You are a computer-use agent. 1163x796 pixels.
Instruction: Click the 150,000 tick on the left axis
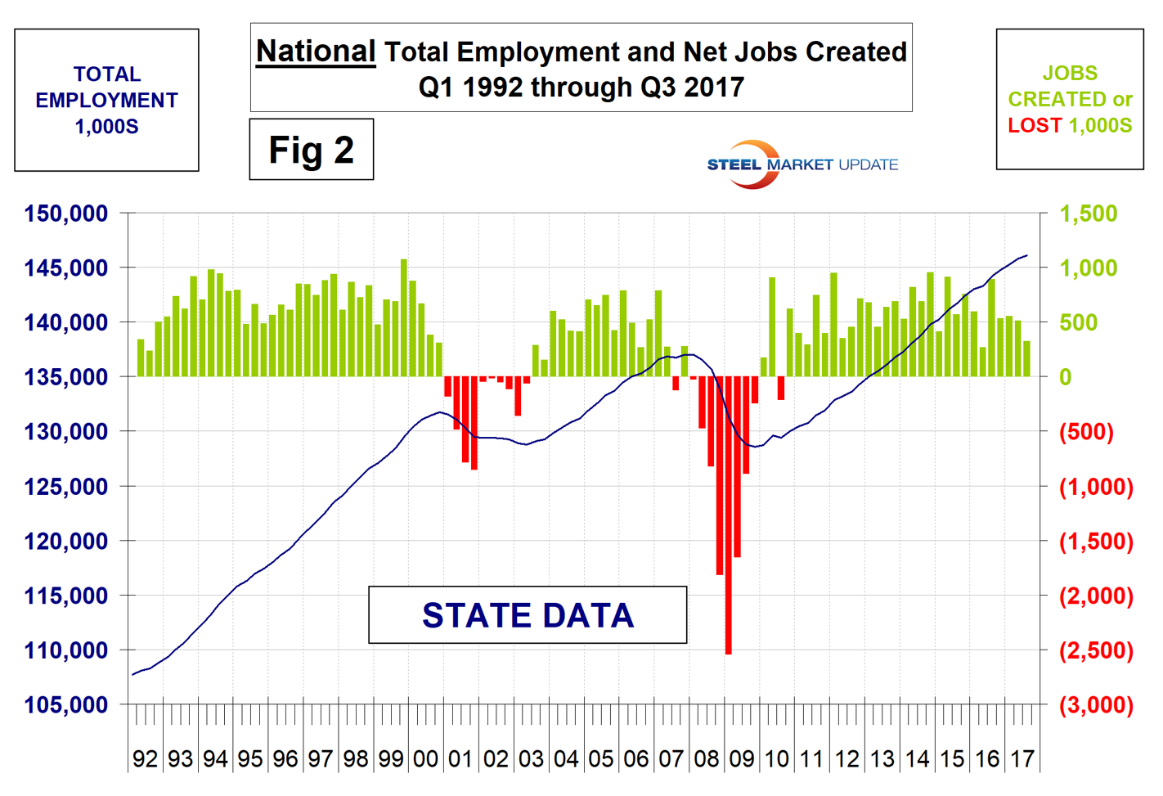click(x=66, y=214)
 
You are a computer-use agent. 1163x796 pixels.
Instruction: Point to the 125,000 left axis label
click(x=66, y=487)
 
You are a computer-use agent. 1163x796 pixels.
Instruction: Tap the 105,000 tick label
click(x=66, y=705)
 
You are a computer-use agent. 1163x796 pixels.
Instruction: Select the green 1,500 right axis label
click(x=1088, y=214)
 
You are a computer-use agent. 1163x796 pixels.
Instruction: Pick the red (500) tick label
click(x=1086, y=432)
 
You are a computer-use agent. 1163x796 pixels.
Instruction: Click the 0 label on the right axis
click(x=1066, y=377)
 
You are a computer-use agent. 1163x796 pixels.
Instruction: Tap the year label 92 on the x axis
click(x=145, y=759)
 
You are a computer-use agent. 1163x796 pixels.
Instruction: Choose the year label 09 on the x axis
click(x=741, y=759)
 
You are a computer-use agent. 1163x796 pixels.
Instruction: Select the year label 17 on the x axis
click(x=1022, y=759)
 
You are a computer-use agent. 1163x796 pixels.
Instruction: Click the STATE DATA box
click(x=528, y=615)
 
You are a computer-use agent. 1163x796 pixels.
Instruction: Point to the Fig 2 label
click(x=312, y=150)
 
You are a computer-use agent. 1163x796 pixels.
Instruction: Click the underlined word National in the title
click(x=316, y=52)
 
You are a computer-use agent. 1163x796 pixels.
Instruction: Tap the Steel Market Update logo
click(x=802, y=164)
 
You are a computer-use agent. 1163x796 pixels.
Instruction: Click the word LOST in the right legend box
click(x=1035, y=126)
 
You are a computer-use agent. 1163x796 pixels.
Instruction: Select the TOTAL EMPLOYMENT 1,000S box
click(x=106, y=100)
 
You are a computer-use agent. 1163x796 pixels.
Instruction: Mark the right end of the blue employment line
click(x=1027, y=256)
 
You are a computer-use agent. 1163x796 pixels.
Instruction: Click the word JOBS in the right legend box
click(x=1070, y=74)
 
